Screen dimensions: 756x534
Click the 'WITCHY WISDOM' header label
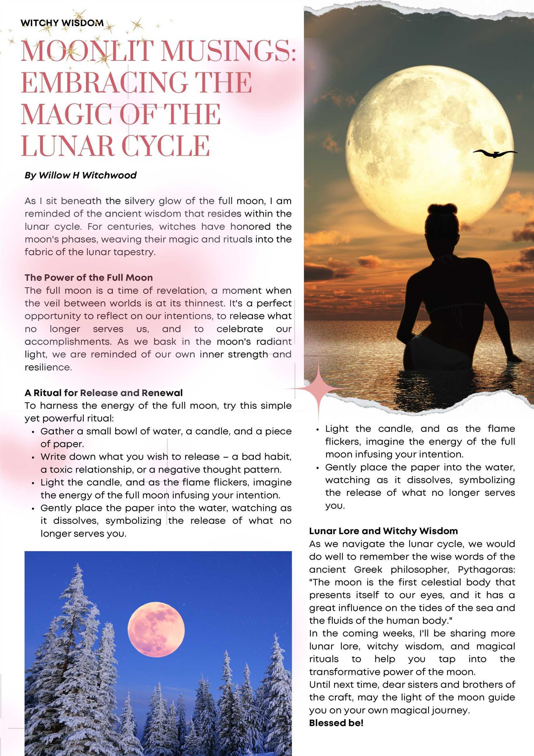point(62,23)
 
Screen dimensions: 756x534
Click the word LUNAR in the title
point(68,145)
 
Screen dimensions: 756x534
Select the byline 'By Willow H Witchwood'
point(81,175)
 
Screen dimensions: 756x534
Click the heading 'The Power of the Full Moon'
point(88,278)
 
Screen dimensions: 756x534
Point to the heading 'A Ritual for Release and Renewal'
point(103,393)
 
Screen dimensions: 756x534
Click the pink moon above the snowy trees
point(156,630)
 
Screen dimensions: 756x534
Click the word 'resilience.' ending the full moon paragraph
point(48,367)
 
